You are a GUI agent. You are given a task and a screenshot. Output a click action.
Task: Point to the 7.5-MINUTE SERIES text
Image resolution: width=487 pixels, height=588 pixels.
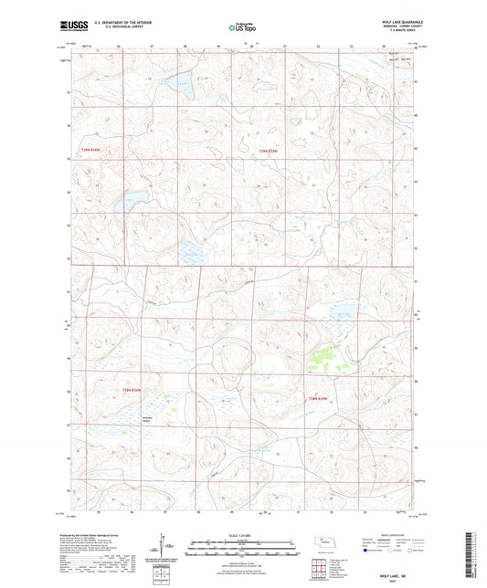coord(398,36)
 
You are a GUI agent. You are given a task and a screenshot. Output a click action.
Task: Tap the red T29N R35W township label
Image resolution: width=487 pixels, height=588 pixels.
coord(266,149)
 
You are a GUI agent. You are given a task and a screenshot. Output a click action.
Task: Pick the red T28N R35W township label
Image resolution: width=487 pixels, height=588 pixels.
coord(317,398)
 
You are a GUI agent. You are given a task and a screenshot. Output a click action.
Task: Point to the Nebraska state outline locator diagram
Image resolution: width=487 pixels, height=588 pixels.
coord(323,542)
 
